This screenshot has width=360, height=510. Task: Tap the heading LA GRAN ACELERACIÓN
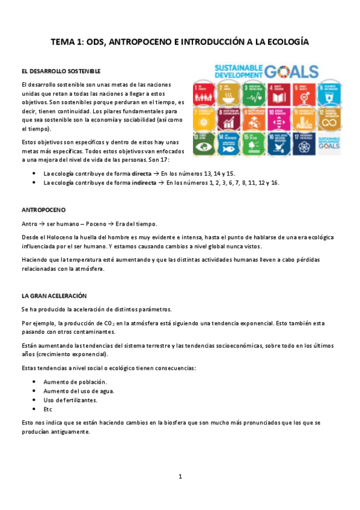click(54, 296)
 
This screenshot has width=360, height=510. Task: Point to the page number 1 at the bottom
click(180, 477)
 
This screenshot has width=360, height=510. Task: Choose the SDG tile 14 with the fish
click(227, 143)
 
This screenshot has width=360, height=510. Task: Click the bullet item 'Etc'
click(48, 410)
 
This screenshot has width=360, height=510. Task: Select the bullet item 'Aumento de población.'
click(75, 382)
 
